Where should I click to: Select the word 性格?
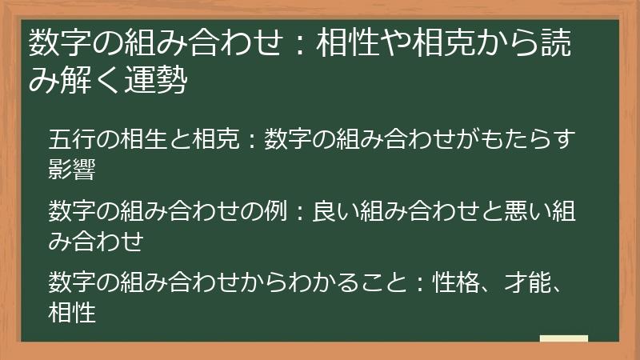click(455, 282)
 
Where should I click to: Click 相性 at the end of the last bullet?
click(72, 312)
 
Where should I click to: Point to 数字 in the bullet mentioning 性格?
click(72, 282)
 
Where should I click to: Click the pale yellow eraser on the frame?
click(563, 339)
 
